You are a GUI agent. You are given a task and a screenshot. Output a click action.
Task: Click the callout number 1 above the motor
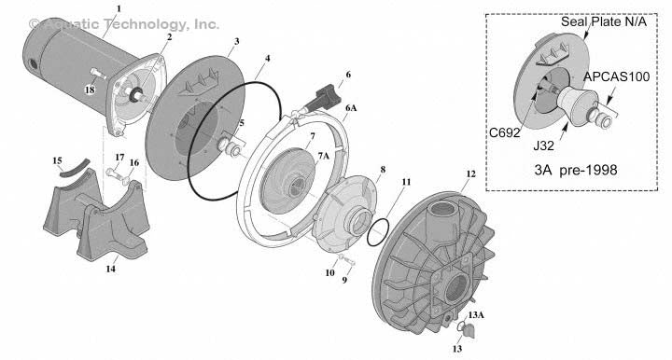click(119, 8)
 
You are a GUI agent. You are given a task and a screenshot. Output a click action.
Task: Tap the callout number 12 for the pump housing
click(470, 173)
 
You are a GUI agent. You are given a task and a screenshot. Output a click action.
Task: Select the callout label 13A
click(476, 317)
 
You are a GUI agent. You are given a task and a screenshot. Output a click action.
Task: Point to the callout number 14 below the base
click(110, 270)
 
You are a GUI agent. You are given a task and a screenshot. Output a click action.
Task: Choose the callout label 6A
click(350, 108)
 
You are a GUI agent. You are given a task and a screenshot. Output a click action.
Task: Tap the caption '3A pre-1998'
click(571, 171)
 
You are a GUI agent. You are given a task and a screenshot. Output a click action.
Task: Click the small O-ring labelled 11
click(378, 230)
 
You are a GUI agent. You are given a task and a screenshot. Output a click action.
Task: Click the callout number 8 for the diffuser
click(382, 170)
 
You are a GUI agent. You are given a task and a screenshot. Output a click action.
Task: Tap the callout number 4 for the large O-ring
click(267, 58)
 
